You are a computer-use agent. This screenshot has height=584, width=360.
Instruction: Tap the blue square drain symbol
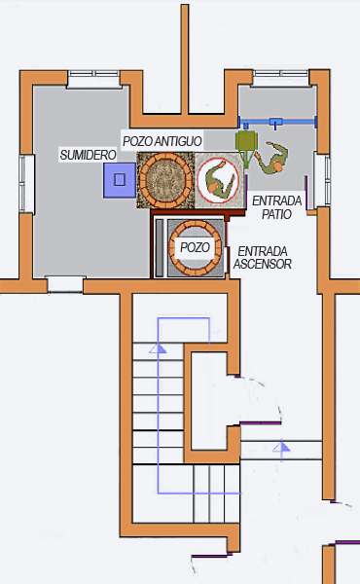pos(120,179)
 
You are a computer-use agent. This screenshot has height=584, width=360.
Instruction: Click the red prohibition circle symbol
pos(217,180)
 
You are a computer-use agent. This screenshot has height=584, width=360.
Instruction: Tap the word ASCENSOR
pos(264,264)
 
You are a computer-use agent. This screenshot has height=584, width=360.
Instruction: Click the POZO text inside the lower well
pos(195,247)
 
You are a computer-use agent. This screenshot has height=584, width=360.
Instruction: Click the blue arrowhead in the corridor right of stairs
pos(282,447)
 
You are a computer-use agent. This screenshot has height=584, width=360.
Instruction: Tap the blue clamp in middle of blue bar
pos(277,123)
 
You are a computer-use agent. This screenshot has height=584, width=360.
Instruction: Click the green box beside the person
pos(245,143)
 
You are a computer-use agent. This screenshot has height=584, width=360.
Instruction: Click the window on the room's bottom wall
pos(65,284)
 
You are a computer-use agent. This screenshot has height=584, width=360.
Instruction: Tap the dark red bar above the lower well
pos(189,214)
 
